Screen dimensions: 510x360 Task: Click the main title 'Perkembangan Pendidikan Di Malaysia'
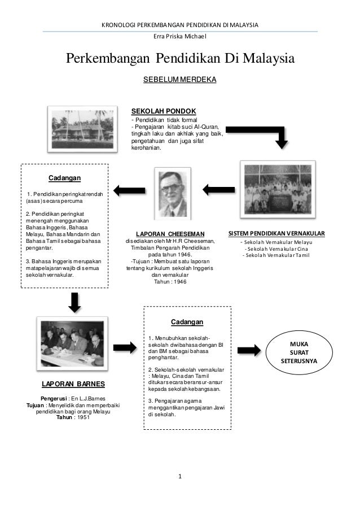[x=181, y=59]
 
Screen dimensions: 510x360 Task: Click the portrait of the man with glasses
[x=172, y=192]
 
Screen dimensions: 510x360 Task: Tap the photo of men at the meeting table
[x=72, y=342]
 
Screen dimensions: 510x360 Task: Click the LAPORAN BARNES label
[x=71, y=384]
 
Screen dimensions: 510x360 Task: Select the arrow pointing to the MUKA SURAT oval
[x=249, y=350]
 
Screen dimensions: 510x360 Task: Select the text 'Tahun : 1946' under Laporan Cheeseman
[x=170, y=281]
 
